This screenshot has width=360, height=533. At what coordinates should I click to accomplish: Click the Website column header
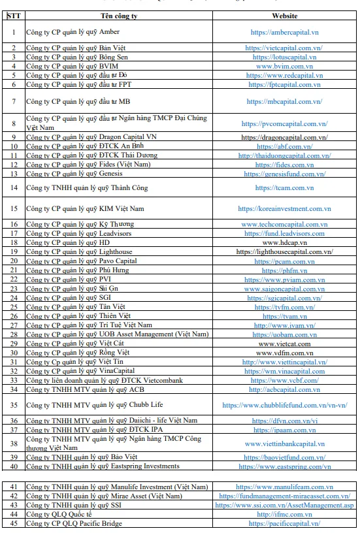pos(284,16)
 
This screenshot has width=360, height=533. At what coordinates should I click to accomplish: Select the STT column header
pos(13,16)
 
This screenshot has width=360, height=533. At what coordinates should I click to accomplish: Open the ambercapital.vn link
pos(284,31)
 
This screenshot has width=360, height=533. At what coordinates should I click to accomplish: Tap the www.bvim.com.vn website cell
pos(284,66)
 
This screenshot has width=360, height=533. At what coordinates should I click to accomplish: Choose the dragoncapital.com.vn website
pos(284,137)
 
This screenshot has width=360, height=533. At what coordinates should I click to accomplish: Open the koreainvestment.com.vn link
pos(284,208)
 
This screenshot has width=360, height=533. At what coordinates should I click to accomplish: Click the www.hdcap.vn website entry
pos(284,242)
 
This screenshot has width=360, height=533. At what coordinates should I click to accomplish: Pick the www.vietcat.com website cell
pos(284,343)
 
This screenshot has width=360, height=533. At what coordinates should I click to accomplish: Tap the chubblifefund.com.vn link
pos(284,405)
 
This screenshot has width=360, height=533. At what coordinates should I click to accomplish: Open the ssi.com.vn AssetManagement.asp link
pos(284,505)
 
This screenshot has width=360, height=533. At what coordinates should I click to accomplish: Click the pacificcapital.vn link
pos(284,523)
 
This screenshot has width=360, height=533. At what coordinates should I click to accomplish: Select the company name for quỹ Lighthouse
pos(79,251)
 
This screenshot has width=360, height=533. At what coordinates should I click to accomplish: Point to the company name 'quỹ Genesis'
pos(73,174)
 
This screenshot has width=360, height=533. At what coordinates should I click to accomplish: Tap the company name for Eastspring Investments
pos(103,466)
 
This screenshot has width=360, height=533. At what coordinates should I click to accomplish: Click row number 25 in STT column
pos(13,306)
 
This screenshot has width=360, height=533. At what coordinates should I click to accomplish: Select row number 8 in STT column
pos(13,123)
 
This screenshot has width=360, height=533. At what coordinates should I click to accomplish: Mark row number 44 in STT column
pos(13,514)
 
